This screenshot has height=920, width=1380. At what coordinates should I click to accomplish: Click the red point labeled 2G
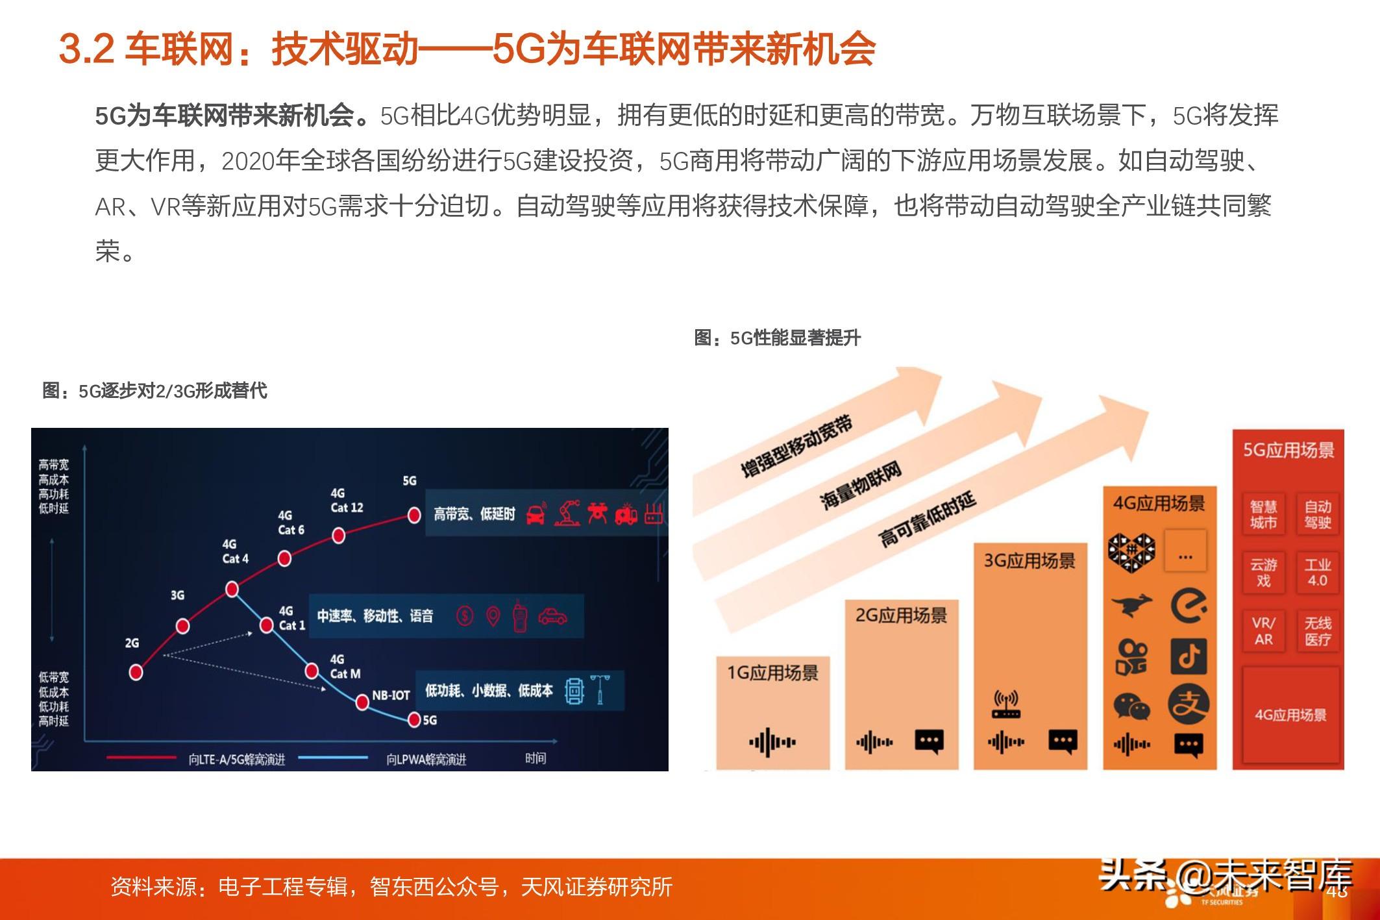tap(136, 672)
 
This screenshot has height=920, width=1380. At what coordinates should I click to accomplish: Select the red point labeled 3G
tap(183, 626)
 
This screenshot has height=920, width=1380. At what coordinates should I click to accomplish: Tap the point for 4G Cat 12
tap(338, 536)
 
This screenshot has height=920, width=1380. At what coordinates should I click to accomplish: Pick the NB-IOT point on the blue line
tap(363, 702)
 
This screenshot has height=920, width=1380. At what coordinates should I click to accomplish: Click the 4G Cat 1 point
tap(266, 625)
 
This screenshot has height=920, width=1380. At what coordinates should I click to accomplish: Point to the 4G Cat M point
tap(312, 671)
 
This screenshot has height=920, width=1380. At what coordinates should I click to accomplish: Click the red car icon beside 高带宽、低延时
tap(535, 515)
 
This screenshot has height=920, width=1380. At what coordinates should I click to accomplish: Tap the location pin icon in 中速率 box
tap(493, 615)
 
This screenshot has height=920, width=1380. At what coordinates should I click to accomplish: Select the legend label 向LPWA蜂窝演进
tap(426, 759)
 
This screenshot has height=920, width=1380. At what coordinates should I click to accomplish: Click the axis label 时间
tap(536, 758)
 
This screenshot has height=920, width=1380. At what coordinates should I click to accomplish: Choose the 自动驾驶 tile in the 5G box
tap(1318, 515)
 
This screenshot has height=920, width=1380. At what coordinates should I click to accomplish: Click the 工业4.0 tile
tap(1318, 573)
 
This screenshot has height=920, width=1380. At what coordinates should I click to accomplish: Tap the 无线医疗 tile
tap(1318, 631)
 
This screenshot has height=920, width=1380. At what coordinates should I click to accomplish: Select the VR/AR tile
tap(1263, 631)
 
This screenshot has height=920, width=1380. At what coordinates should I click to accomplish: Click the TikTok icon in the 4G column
tap(1189, 656)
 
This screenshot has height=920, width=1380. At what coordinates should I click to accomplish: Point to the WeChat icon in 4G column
tap(1131, 706)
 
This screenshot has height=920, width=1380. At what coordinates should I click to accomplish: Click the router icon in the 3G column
tap(1005, 705)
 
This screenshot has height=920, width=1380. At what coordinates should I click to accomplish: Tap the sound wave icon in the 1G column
tap(772, 742)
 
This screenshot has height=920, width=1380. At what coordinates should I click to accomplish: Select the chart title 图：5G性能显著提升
tap(777, 338)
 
